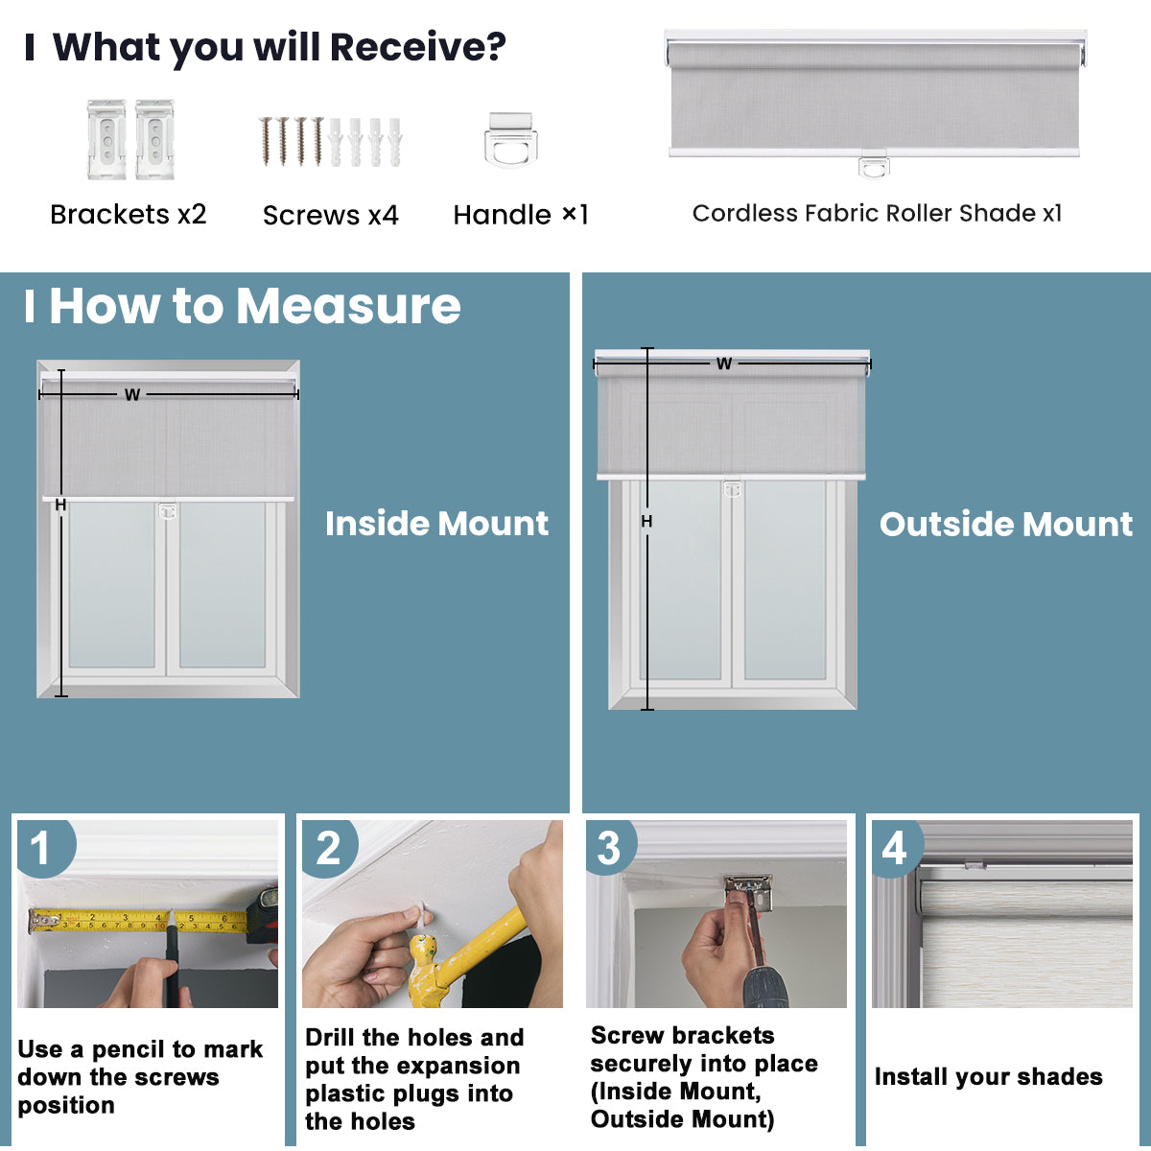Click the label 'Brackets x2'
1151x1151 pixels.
[129, 214]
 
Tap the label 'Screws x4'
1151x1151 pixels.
[330, 215]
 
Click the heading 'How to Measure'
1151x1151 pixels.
[254, 306]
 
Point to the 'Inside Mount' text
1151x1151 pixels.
[436, 524]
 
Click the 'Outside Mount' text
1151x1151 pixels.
[1005, 524]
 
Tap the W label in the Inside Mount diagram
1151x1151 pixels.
[132, 394]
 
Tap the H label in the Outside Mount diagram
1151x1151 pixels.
[646, 521]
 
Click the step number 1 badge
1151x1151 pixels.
[40, 848]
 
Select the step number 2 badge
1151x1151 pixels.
[328, 848]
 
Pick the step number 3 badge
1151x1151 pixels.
[609, 848]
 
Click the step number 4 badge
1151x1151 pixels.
[894, 847]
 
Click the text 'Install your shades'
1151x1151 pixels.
[988, 1077]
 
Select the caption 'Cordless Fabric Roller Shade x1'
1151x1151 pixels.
[877, 213]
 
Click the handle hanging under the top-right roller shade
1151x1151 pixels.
[874, 167]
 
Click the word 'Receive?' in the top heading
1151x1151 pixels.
[417, 47]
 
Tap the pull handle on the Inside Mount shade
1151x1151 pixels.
[168, 510]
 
